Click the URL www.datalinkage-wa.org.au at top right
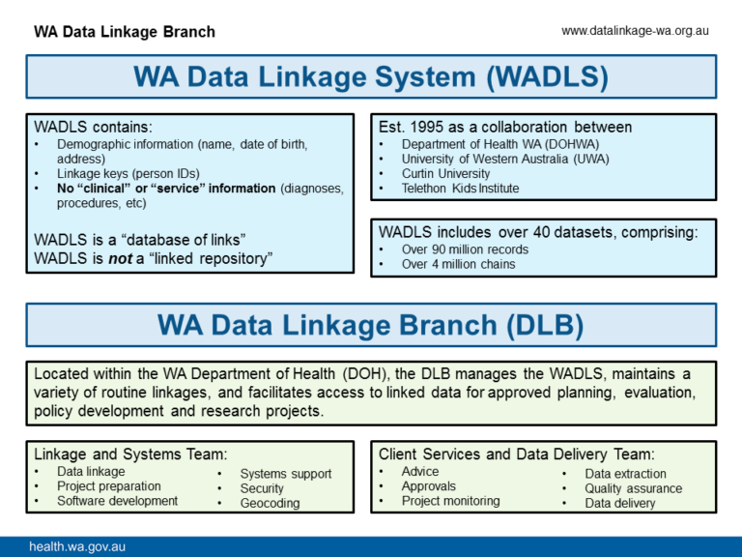[635, 31]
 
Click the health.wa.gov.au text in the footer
[77, 546]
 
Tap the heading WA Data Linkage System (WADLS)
[371, 76]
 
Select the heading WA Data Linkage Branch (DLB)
[371, 326]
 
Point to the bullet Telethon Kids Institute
[460, 188]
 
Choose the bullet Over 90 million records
[465, 249]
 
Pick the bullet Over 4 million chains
[458, 264]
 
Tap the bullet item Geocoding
[270, 503]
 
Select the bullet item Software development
[117, 501]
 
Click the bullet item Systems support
[285, 474]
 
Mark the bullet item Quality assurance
[633, 488]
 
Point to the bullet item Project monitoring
[450, 501]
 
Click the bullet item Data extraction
[625, 474]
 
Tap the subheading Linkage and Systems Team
[130, 454]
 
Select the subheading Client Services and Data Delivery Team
[516, 454]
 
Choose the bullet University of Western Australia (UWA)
[499, 159]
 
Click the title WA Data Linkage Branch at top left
[125, 32]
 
